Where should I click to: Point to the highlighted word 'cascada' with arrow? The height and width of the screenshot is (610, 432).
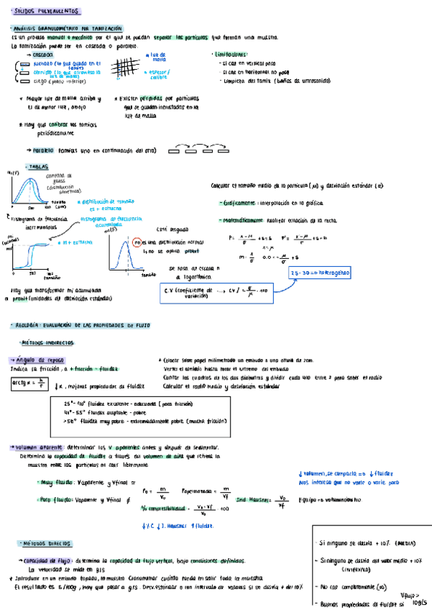coord(44,55)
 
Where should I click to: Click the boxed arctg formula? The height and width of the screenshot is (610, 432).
coord(28,384)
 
